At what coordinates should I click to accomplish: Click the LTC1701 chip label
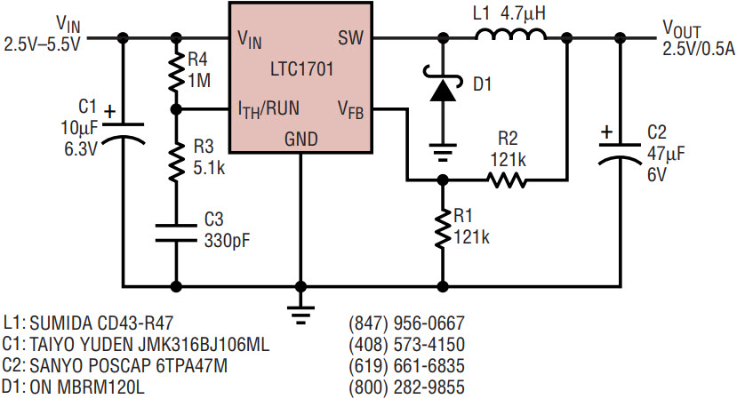pos(301,69)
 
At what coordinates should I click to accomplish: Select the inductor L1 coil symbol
pos(510,34)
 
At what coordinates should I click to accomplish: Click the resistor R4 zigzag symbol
pos(176,72)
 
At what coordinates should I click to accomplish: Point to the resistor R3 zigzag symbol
pos(176,163)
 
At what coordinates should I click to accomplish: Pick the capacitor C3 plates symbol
pos(176,233)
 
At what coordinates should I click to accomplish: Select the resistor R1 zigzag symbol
pos(443,229)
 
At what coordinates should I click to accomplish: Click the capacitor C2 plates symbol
pos(620,153)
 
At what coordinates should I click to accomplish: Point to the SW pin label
pos(350,38)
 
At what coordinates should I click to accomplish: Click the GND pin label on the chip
pos(300,140)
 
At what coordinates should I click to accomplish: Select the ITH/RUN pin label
pos(268,109)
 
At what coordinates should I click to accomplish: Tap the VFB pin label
pos(350,110)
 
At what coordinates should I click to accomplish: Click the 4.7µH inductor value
pos(523,14)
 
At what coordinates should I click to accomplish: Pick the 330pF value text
pos(227,241)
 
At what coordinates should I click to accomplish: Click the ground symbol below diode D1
pos(443,152)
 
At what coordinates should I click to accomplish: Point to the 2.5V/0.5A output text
pos(699,49)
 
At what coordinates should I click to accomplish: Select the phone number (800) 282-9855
pos(406,387)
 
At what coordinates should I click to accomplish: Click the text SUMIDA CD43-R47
pos(101,323)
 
